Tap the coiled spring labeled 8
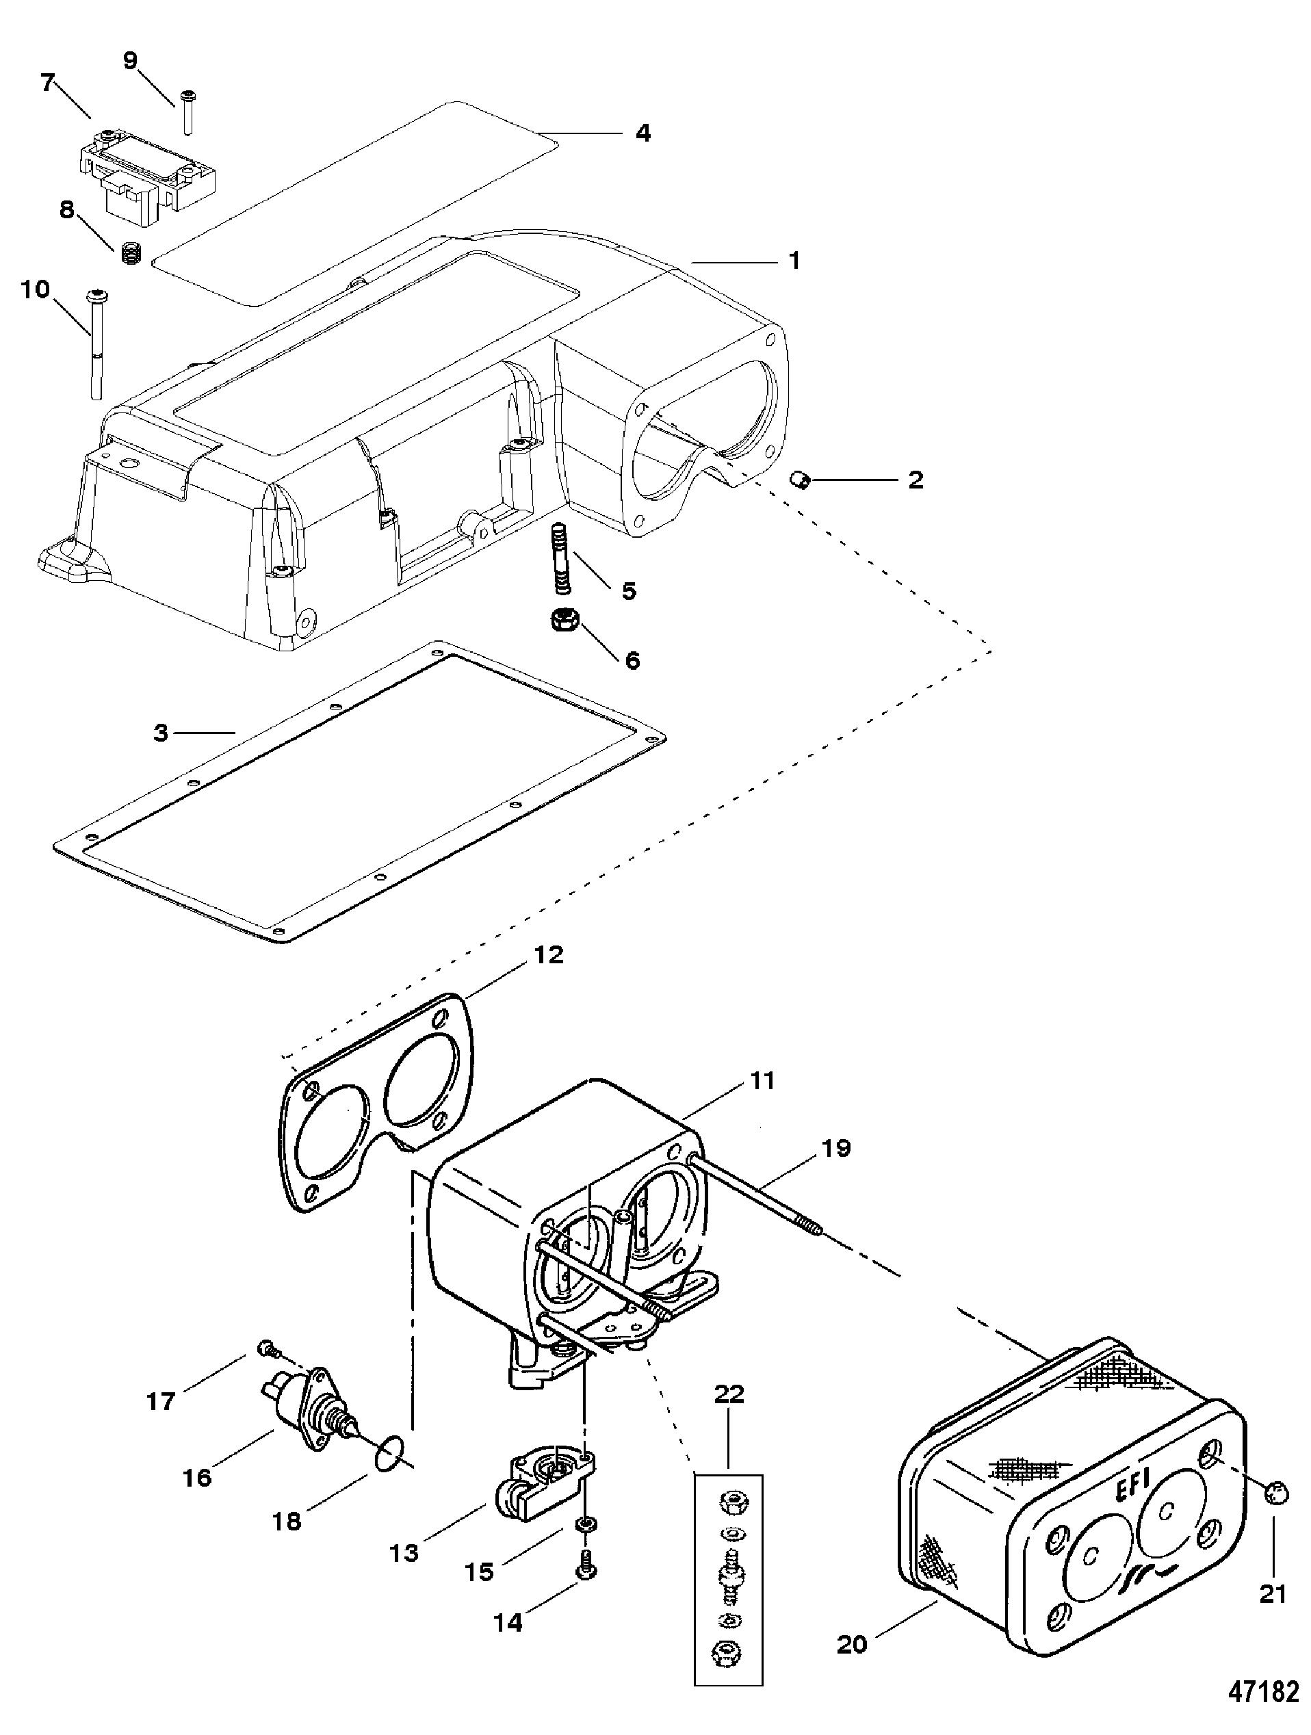130,253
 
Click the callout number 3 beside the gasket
161,733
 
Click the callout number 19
835,1147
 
